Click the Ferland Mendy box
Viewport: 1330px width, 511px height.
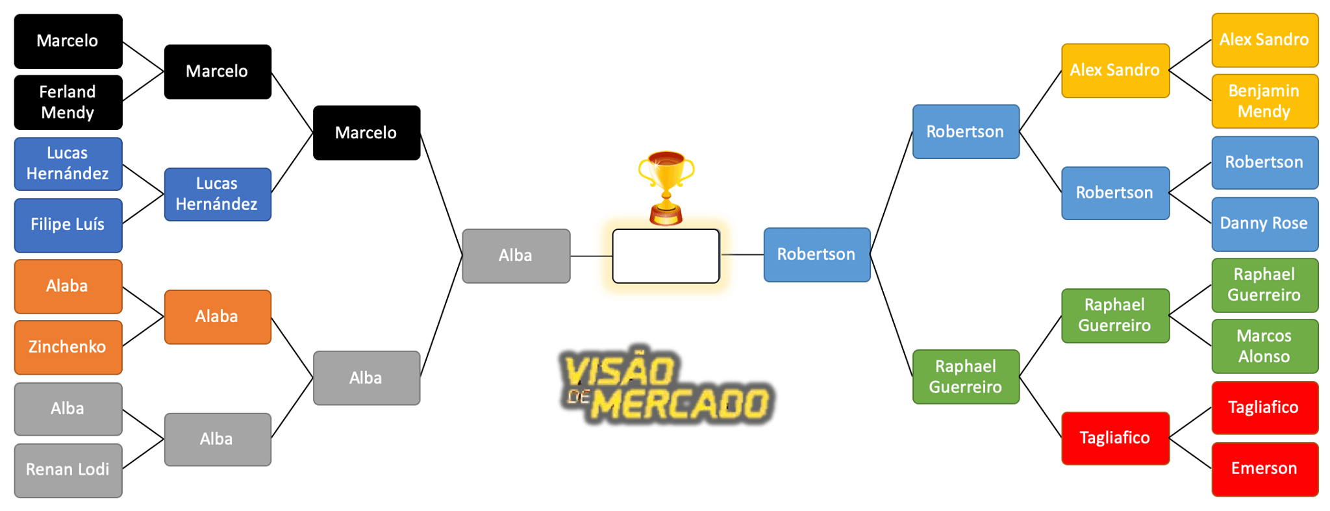pos(68,102)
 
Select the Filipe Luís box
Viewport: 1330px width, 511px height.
pos(68,225)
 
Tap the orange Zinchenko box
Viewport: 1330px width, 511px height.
pos(68,347)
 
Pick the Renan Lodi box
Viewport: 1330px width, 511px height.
pos(68,469)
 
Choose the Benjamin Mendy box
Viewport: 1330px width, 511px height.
pos(1264,101)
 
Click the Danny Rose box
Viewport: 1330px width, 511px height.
pos(1264,223)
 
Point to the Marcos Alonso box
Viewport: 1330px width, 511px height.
pos(1264,346)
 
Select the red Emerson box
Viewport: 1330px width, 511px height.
pos(1264,469)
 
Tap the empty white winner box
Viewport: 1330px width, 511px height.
pos(666,256)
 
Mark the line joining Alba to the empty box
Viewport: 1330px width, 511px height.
pos(591,256)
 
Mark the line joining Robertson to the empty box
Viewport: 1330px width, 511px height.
pos(742,255)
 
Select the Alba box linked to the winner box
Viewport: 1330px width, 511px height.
pos(516,256)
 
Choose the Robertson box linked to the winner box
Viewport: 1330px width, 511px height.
pos(816,255)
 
